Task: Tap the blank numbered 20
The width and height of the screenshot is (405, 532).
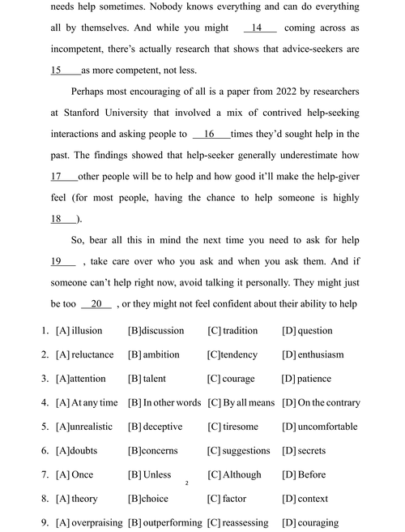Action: tap(96, 303)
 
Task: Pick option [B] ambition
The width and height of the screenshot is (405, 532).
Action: tap(154, 354)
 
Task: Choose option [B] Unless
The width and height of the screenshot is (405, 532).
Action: tap(150, 474)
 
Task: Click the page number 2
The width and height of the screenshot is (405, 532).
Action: tap(186, 484)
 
